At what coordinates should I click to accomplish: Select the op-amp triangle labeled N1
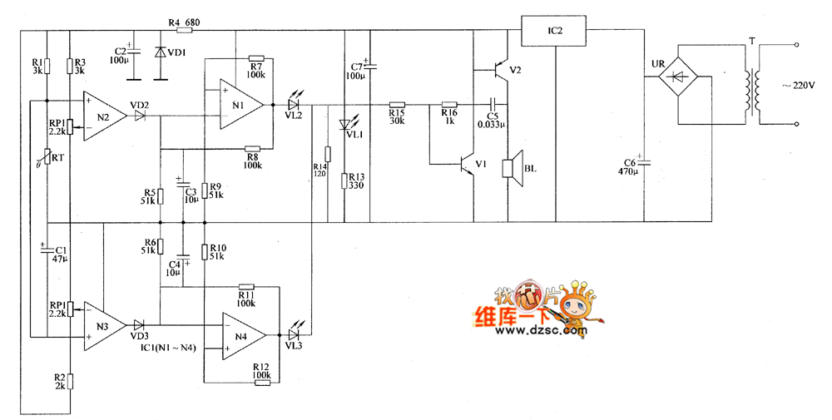(x=240, y=105)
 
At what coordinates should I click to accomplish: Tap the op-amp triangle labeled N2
(x=105, y=116)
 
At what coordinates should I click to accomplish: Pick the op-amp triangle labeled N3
(x=104, y=324)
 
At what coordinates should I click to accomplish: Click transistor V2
(x=500, y=68)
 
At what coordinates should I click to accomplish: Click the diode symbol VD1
(x=160, y=52)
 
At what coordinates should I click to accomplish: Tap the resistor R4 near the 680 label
(x=184, y=30)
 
